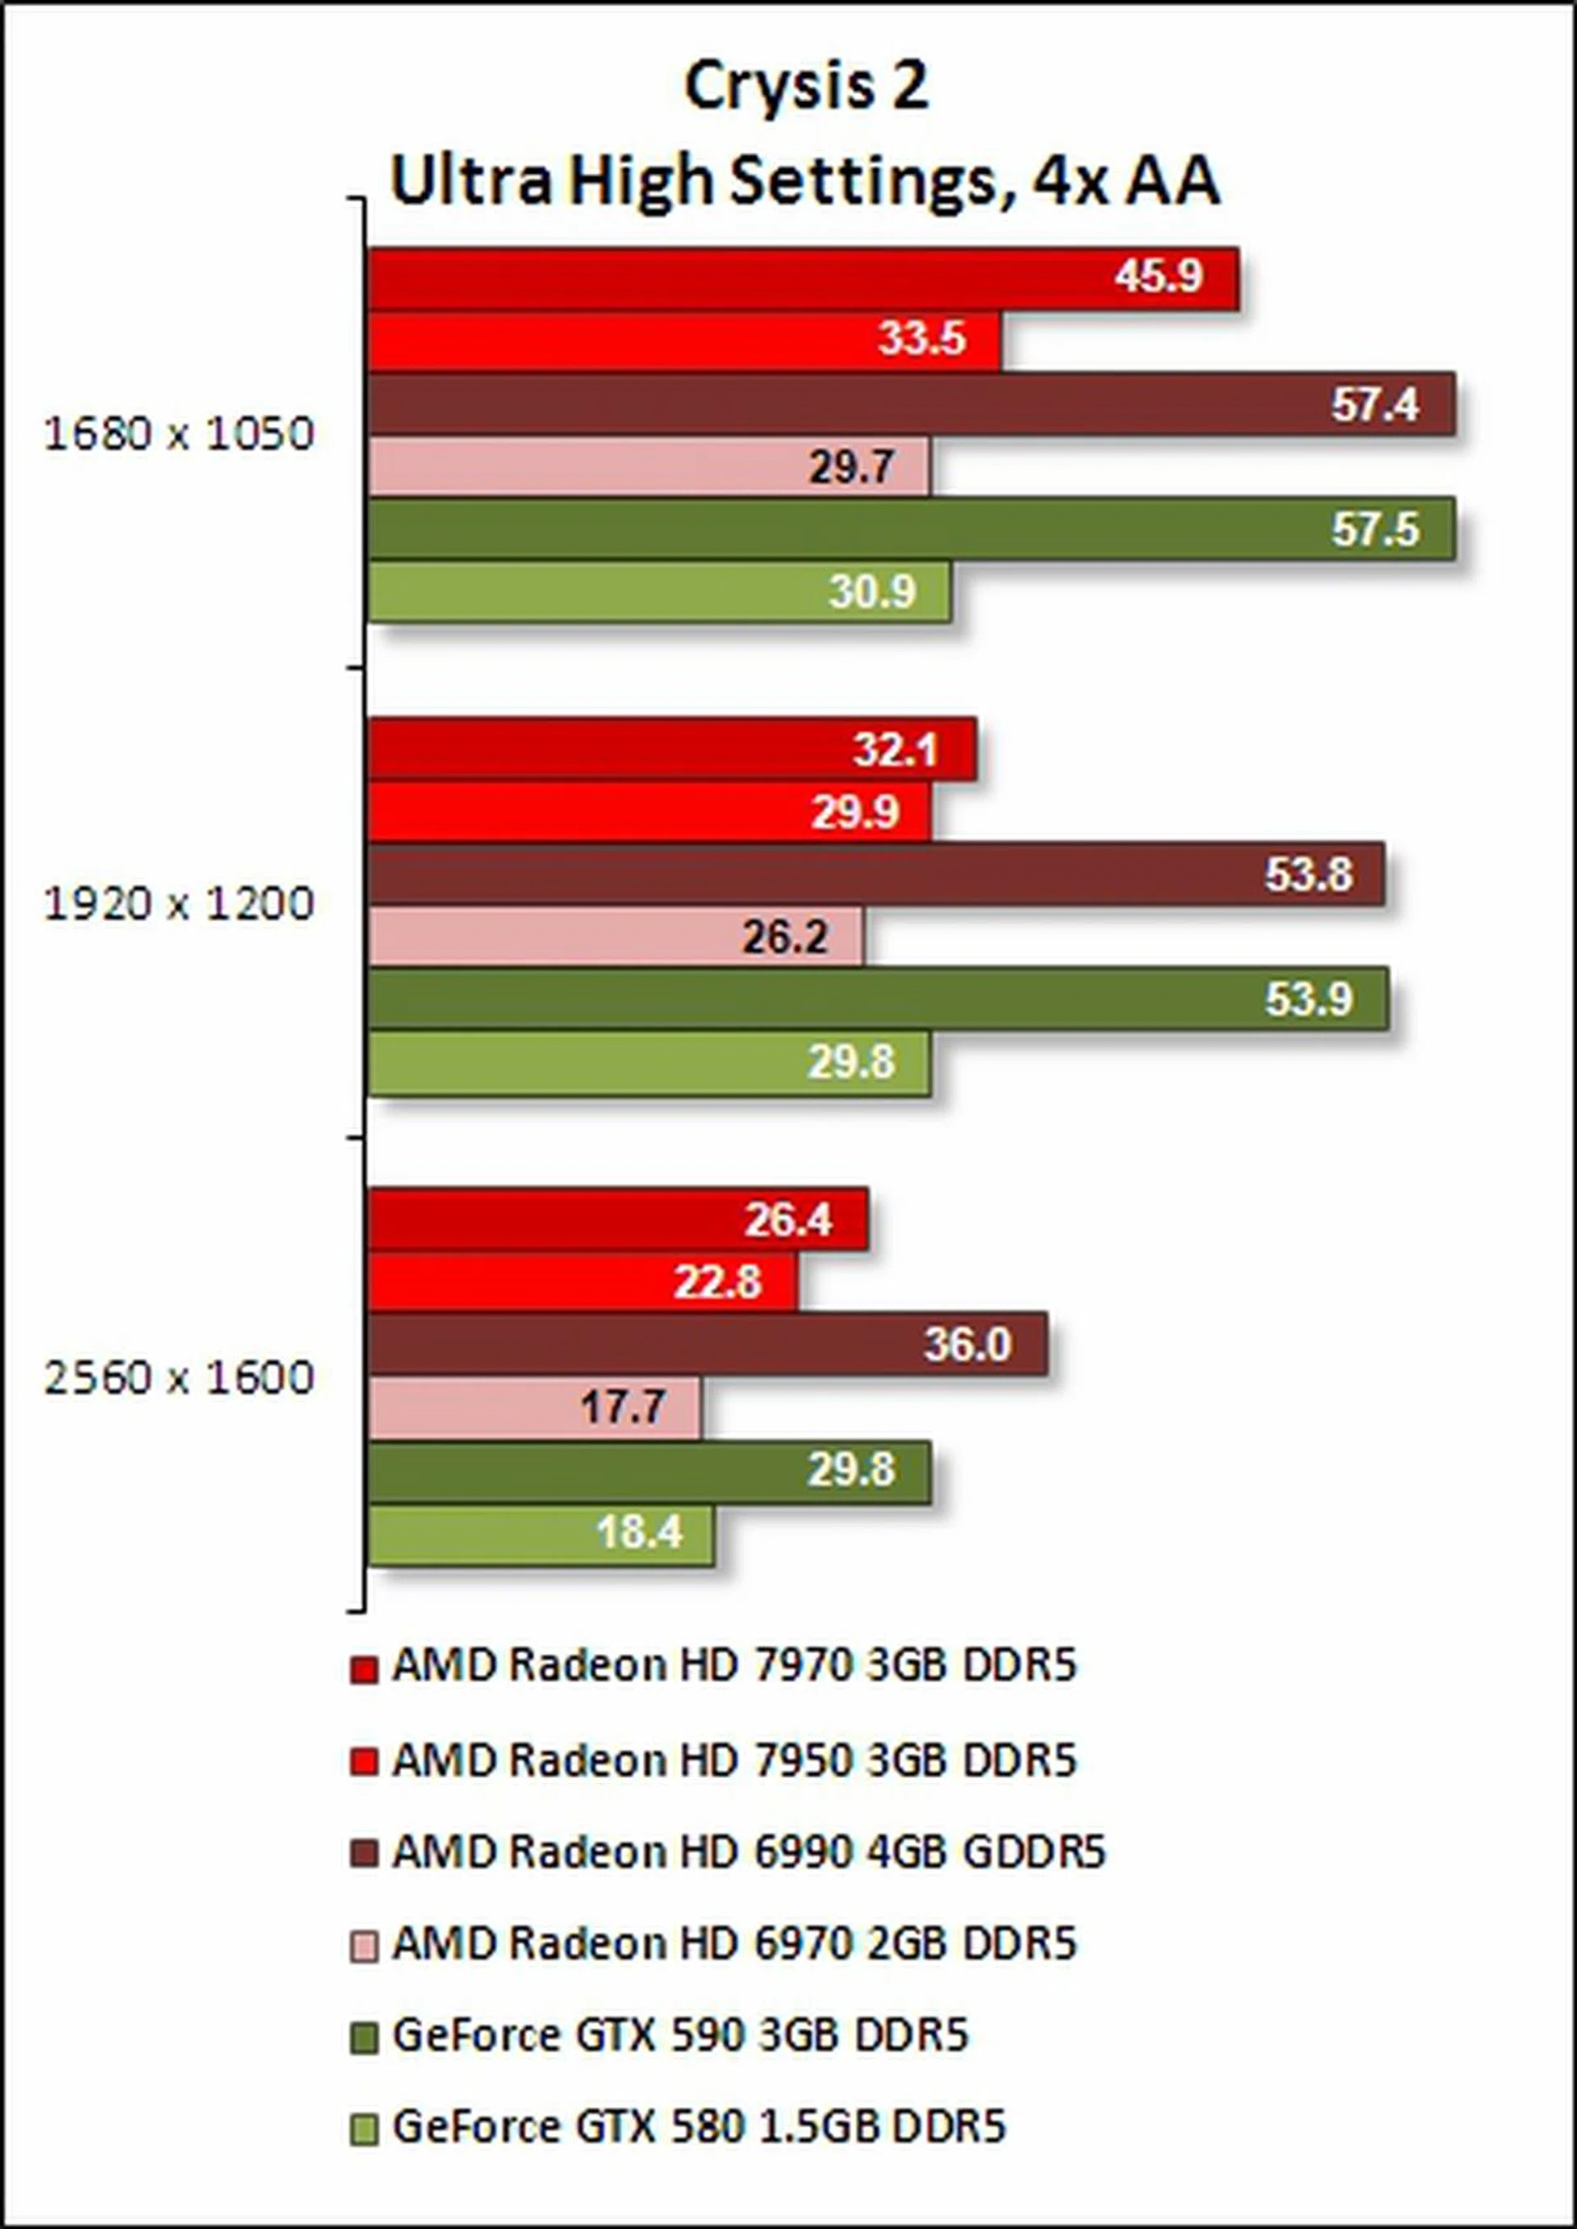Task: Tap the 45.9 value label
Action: point(1158,277)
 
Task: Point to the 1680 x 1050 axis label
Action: point(180,434)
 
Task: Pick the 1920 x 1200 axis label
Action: point(180,905)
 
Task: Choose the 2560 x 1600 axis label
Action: point(180,1378)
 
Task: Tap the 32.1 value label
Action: point(894,749)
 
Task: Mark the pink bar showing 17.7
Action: point(533,1406)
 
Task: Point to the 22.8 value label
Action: point(718,1282)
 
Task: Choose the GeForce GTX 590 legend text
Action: point(680,2036)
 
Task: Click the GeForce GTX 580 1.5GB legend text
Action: point(698,2126)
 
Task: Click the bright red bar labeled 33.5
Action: point(683,340)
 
